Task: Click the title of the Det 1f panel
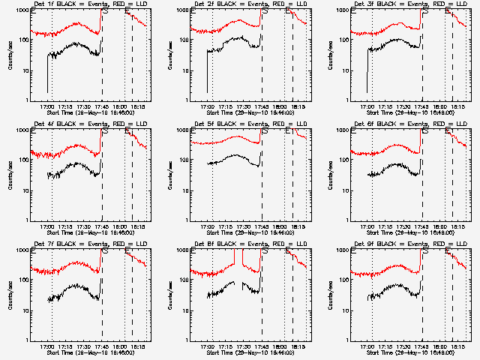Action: point(89,4)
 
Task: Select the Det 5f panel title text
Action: point(250,124)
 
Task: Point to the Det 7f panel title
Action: point(89,244)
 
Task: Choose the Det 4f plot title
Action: point(89,124)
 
